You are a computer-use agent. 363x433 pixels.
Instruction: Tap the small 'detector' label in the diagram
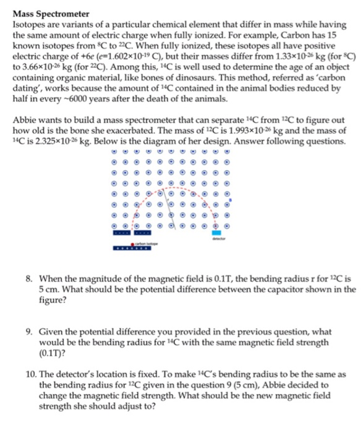point(218,239)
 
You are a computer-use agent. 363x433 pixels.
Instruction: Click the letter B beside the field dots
point(230,200)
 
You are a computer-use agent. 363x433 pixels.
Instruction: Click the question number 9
point(30,332)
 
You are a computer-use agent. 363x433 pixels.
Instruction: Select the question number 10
point(32,374)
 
